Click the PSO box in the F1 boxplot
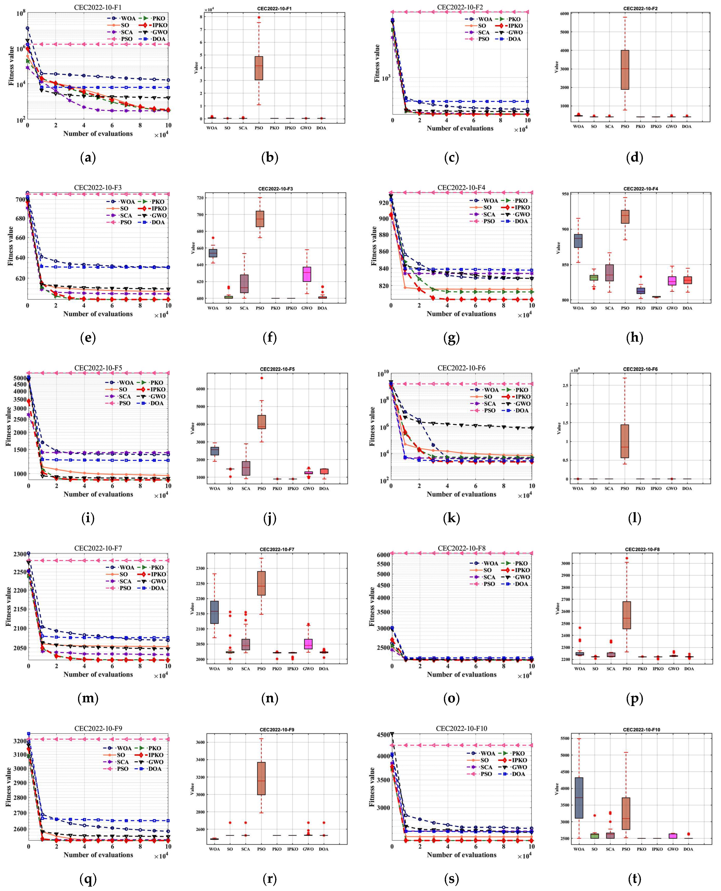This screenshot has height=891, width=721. [259, 68]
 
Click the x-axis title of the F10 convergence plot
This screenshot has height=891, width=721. [461, 854]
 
